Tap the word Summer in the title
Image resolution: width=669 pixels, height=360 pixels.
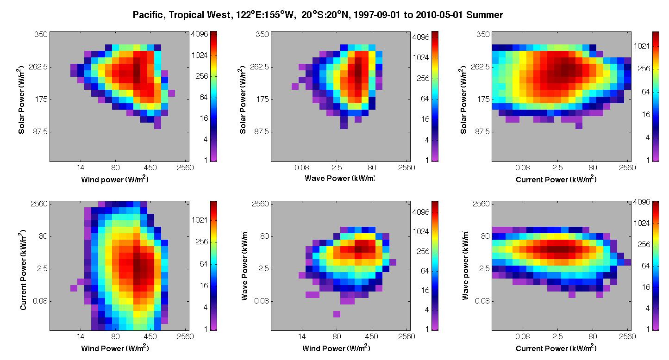coord(484,15)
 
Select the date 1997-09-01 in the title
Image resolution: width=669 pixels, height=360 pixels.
coord(377,15)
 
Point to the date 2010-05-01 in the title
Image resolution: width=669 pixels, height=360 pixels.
coord(439,15)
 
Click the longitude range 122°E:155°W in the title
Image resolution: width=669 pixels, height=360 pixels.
coord(265,15)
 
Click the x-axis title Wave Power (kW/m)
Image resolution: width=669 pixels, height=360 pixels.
coord(339,178)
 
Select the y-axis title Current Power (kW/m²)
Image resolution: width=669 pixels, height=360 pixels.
coord(23,270)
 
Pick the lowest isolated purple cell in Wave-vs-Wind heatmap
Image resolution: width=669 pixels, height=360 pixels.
coord(337,314)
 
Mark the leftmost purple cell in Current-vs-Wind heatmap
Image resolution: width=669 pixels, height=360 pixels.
coord(74,288)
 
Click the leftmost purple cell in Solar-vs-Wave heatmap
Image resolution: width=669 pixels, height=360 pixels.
coord(295,86)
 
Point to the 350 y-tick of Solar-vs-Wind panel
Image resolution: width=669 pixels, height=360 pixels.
coord(41,34)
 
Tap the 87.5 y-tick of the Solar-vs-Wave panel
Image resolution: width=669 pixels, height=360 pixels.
coord(261,131)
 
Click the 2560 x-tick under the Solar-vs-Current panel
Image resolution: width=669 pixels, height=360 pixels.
coord(627,168)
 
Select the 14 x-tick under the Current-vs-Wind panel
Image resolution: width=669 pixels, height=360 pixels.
coord(81,336)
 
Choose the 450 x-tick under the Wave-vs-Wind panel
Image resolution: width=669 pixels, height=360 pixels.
coord(371,336)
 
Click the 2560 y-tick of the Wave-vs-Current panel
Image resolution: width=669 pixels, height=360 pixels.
coord(481,204)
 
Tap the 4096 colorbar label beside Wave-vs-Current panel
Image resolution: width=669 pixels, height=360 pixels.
coord(642,202)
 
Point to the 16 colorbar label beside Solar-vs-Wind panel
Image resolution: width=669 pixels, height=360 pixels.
coord(204,118)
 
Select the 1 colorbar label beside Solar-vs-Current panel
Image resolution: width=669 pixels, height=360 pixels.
coord(648,160)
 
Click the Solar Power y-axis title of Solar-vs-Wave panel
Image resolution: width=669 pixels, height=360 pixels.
coord(243,99)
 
